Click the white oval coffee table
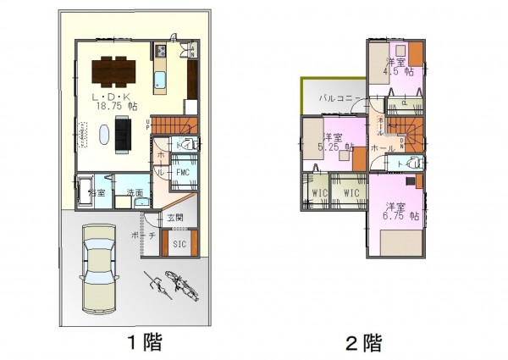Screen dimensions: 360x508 pos(104,135)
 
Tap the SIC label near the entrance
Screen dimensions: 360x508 pos(179,244)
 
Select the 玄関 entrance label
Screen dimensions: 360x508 pos(175,219)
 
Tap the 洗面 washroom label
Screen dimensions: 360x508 pos(134,192)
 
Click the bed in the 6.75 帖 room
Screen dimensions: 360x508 pos(400,244)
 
